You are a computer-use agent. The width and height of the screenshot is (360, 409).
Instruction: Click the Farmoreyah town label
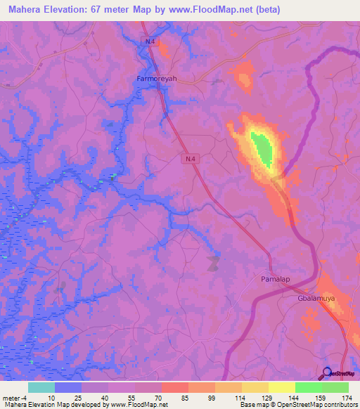156,79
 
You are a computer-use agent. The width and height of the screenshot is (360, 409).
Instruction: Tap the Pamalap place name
267,280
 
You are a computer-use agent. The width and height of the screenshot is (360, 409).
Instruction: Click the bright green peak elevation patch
263,149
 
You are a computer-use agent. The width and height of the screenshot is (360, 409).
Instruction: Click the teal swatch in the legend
41,387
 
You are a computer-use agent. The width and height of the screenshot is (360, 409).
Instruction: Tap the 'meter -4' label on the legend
13,398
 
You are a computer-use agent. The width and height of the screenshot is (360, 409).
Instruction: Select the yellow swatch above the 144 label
281,387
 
